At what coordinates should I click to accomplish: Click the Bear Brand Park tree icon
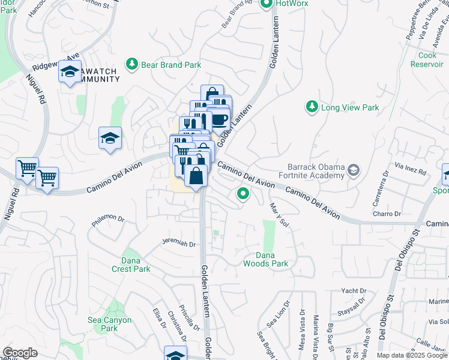(x=131, y=63)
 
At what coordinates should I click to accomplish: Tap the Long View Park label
(x=351, y=107)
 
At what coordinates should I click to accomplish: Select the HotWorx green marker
(x=267, y=4)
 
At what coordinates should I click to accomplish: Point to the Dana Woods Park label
(x=266, y=259)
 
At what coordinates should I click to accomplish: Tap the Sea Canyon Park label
(x=109, y=324)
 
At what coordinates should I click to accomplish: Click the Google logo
(x=20, y=353)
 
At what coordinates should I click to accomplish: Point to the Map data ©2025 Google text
(x=411, y=355)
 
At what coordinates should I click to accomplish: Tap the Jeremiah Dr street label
(x=178, y=244)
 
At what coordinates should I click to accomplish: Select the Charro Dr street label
(x=386, y=214)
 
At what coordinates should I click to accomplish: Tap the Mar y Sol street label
(x=280, y=214)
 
